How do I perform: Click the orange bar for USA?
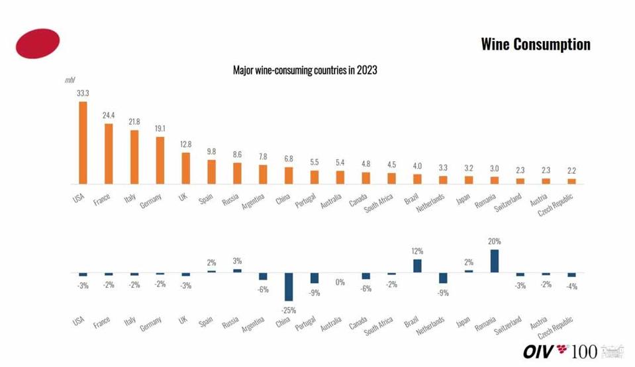tap(83, 142)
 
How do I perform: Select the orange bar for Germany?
tap(160, 161)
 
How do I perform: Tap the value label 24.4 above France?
tap(109, 115)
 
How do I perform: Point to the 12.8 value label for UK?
tap(185, 145)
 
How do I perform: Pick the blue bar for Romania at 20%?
tap(494, 261)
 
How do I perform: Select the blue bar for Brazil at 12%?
tap(417, 265)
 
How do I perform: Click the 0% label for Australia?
tap(340, 282)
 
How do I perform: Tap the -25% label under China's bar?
tap(289, 309)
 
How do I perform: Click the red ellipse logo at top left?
tap(38, 43)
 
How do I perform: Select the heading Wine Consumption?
tap(535, 44)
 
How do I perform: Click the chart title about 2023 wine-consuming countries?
tap(305, 69)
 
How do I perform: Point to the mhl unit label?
tap(70, 80)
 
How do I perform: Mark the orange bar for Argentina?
tap(263, 174)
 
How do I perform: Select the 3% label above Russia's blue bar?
tap(237, 261)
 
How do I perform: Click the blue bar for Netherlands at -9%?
tap(443, 278)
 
